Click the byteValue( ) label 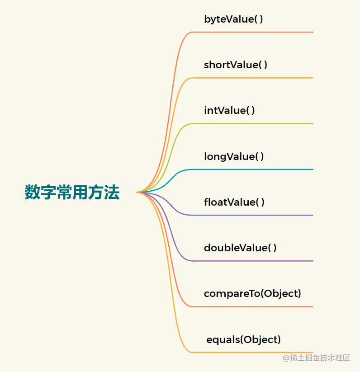coord(233,19)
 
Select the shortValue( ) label coord(236,65)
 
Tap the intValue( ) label coord(229,110)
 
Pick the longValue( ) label coord(234,156)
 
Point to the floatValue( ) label coord(234,202)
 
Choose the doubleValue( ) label coord(240,248)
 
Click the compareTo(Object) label coord(252,293)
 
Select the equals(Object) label coord(243,339)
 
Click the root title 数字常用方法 coord(72,193)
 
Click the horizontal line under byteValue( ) coord(253,32)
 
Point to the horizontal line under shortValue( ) coord(253,78)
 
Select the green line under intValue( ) coord(253,123)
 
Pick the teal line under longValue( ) coord(253,170)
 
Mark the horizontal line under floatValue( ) coord(253,215)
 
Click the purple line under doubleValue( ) coord(253,261)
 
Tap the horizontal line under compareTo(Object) coord(253,306)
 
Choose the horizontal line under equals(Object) coord(253,352)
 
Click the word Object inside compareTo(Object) coord(280,293)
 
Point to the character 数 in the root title coord(33,193)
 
